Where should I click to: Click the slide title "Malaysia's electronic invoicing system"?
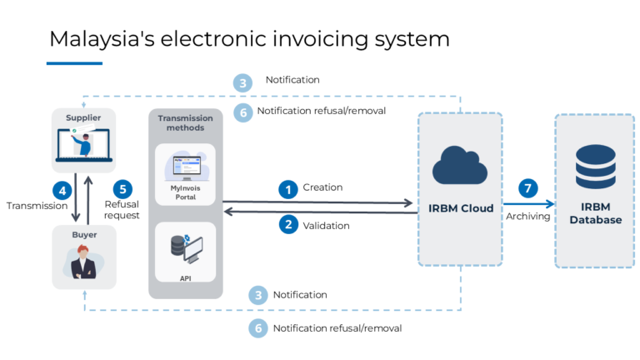tap(248, 38)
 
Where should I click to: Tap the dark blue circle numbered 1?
tap(288, 190)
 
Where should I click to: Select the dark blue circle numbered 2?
tap(288, 224)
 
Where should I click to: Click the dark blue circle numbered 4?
tap(61, 189)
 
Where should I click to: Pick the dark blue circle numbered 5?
tap(122, 189)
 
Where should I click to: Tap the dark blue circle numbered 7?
tap(528, 188)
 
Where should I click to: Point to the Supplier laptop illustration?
tap(83, 147)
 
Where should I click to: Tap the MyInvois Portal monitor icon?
tap(185, 166)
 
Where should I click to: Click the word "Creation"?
tap(322, 187)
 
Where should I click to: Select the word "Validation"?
tap(326, 225)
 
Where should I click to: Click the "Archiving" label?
tap(527, 216)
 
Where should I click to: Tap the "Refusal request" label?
tap(122, 209)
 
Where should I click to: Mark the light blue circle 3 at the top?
tap(242, 82)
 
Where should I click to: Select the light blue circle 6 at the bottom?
tap(258, 328)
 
